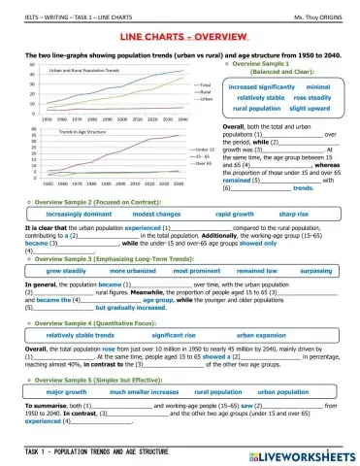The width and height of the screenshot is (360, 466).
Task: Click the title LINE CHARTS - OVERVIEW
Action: click(x=180, y=36)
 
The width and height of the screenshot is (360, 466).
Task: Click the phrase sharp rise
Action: click(x=293, y=212)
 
